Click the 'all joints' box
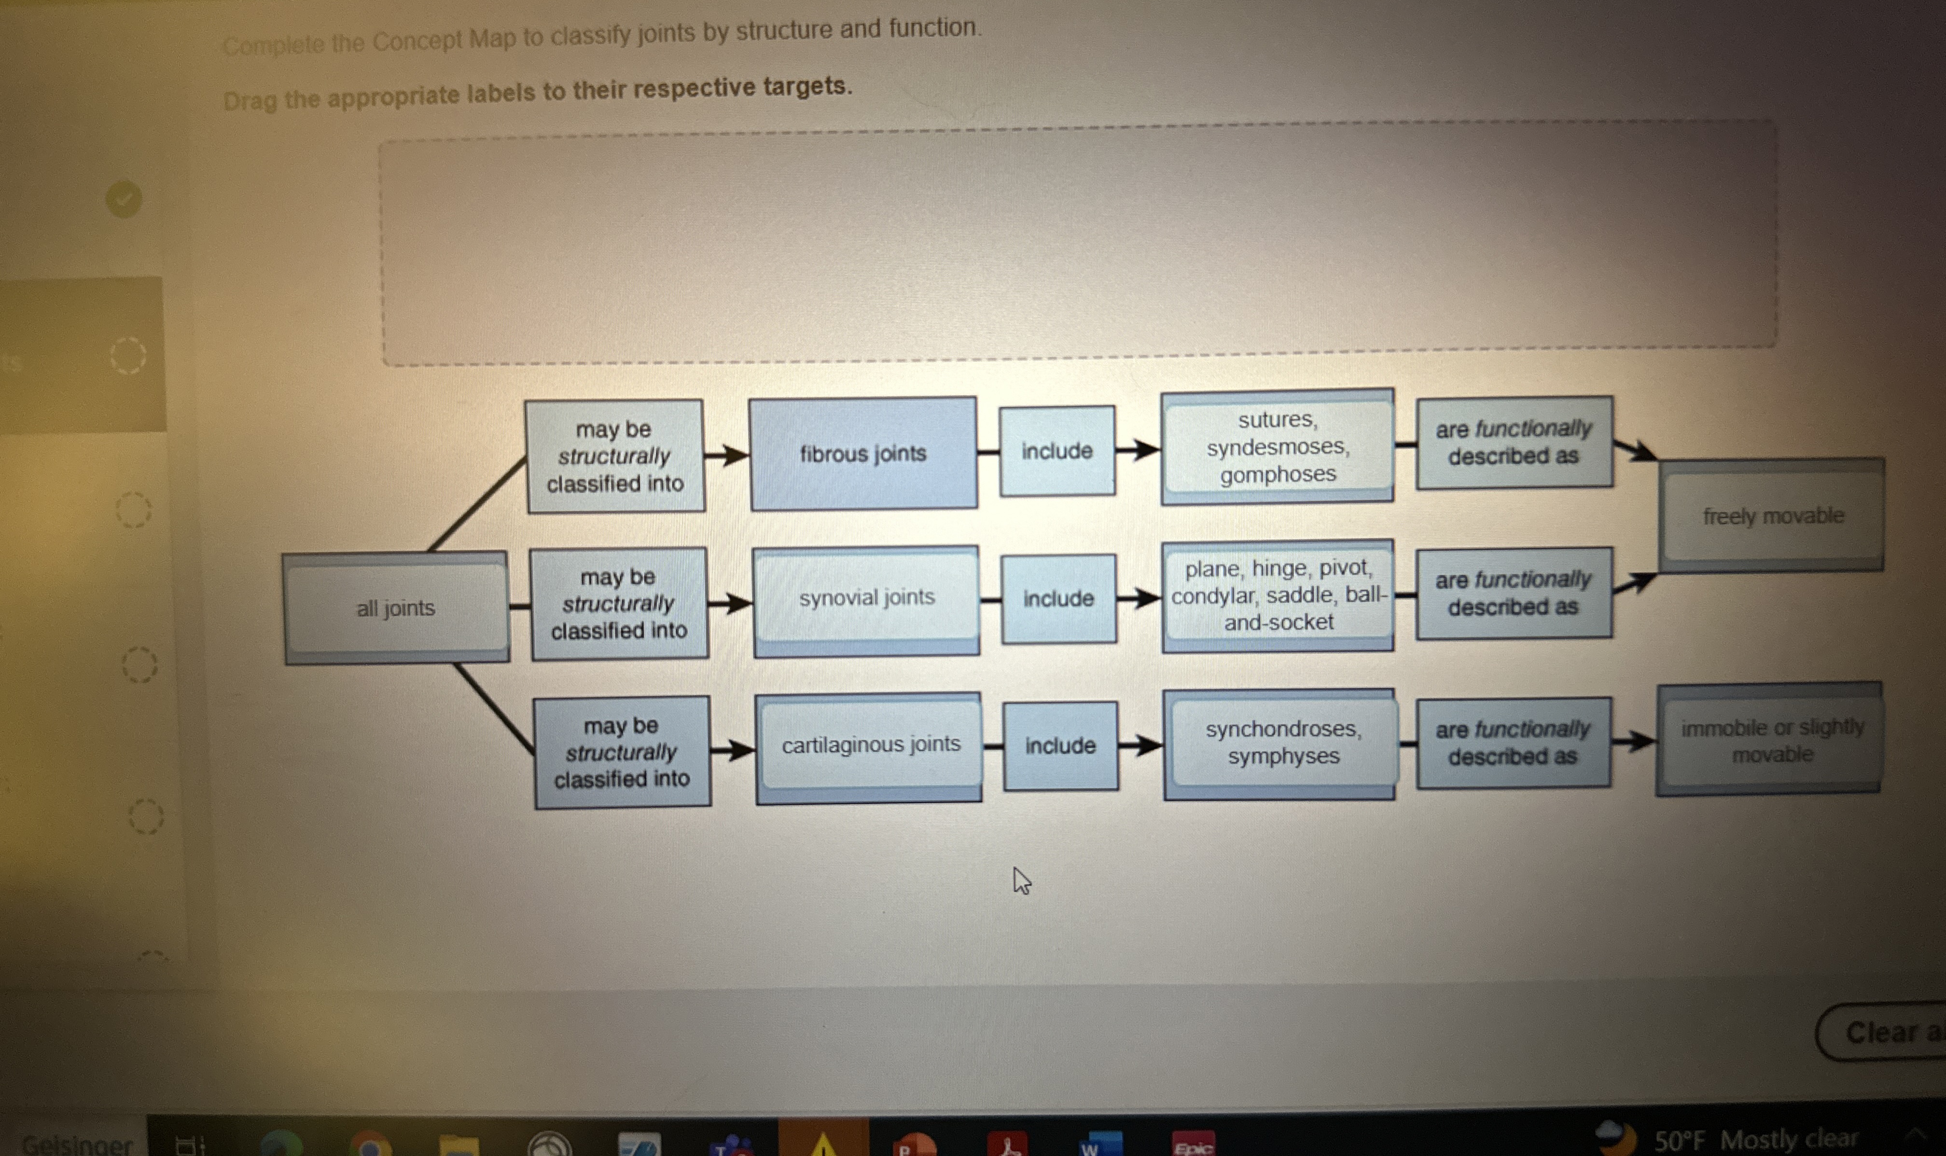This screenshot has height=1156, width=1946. click(x=396, y=607)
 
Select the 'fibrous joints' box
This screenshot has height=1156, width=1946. click(x=863, y=454)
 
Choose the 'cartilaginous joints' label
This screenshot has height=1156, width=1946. click(x=870, y=745)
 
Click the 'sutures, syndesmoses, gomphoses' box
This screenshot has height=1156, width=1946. click(x=1278, y=446)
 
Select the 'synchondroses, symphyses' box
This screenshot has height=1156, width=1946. click(x=1282, y=743)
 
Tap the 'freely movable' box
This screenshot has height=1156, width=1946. click(x=1772, y=516)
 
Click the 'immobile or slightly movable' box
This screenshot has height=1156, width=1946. click(x=1771, y=740)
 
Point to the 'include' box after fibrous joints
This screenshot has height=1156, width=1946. click(x=1057, y=450)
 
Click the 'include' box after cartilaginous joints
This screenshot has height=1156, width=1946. click(x=1060, y=745)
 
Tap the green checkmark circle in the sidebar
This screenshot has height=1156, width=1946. click(x=124, y=199)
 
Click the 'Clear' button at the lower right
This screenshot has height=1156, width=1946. click(x=1885, y=1032)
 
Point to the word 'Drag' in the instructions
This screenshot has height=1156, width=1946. click(x=249, y=100)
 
